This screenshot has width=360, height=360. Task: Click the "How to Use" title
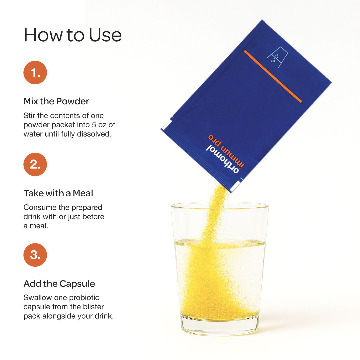pyautogui.click(x=73, y=35)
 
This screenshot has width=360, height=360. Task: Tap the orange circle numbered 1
pyautogui.click(x=35, y=73)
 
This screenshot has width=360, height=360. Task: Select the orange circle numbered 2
pyautogui.click(x=35, y=164)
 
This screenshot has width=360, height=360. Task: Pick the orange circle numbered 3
pyautogui.click(x=35, y=255)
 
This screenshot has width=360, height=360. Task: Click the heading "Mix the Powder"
pyautogui.click(x=56, y=101)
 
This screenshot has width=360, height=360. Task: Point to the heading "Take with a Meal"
pyautogui.click(x=58, y=193)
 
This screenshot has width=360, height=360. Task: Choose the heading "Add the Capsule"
pyautogui.click(x=59, y=284)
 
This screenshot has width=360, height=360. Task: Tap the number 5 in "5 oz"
pyautogui.click(x=94, y=125)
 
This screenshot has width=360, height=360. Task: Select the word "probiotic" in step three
pyautogui.click(x=84, y=298)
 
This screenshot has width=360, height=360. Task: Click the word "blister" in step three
pyautogui.click(x=93, y=307)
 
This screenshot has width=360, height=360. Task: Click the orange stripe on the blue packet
pyautogui.click(x=273, y=76)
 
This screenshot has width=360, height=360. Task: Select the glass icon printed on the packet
pyautogui.click(x=278, y=57)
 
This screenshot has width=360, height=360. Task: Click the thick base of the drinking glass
pyautogui.click(x=220, y=326)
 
